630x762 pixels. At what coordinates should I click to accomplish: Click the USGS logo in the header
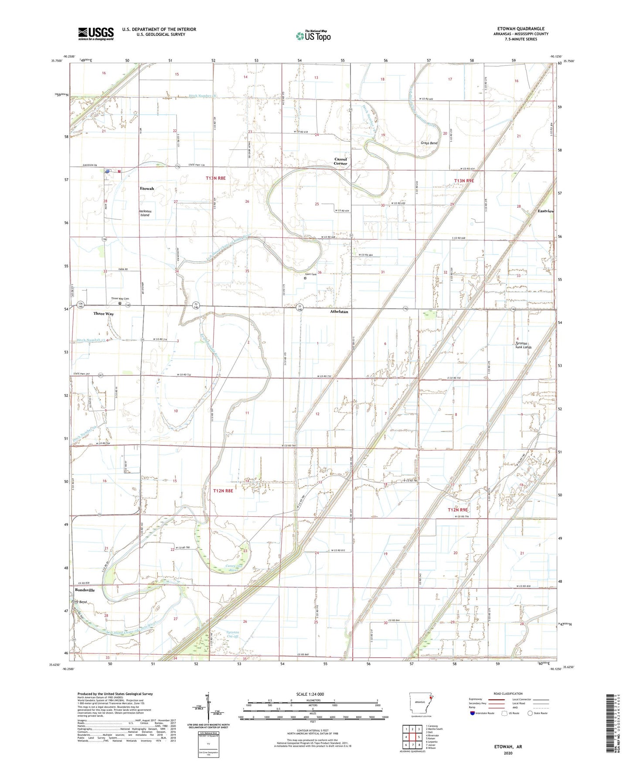pyautogui.click(x=96, y=34)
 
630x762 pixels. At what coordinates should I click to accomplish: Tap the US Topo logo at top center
pyautogui.click(x=313, y=35)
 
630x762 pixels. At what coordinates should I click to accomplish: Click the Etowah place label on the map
pyautogui.click(x=147, y=189)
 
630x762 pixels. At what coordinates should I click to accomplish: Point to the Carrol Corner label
pyautogui.click(x=341, y=161)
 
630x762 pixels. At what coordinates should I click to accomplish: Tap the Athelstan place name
pyautogui.click(x=339, y=312)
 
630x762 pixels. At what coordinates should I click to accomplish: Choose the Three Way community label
pyautogui.click(x=103, y=314)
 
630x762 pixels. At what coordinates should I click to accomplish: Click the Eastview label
pyautogui.click(x=546, y=211)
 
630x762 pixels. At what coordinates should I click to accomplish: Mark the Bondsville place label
pyautogui.click(x=85, y=590)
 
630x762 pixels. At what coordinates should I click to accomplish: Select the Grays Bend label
pyautogui.click(x=429, y=143)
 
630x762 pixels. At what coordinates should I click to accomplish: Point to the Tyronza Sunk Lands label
pyautogui.click(x=524, y=345)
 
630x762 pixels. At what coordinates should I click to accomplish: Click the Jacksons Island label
pyautogui.click(x=145, y=213)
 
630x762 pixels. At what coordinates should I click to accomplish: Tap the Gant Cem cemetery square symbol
pyautogui.click(x=305, y=278)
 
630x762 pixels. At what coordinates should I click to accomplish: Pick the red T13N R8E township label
pyautogui.click(x=215, y=178)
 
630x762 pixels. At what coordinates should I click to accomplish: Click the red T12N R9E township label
pyautogui.click(x=457, y=510)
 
